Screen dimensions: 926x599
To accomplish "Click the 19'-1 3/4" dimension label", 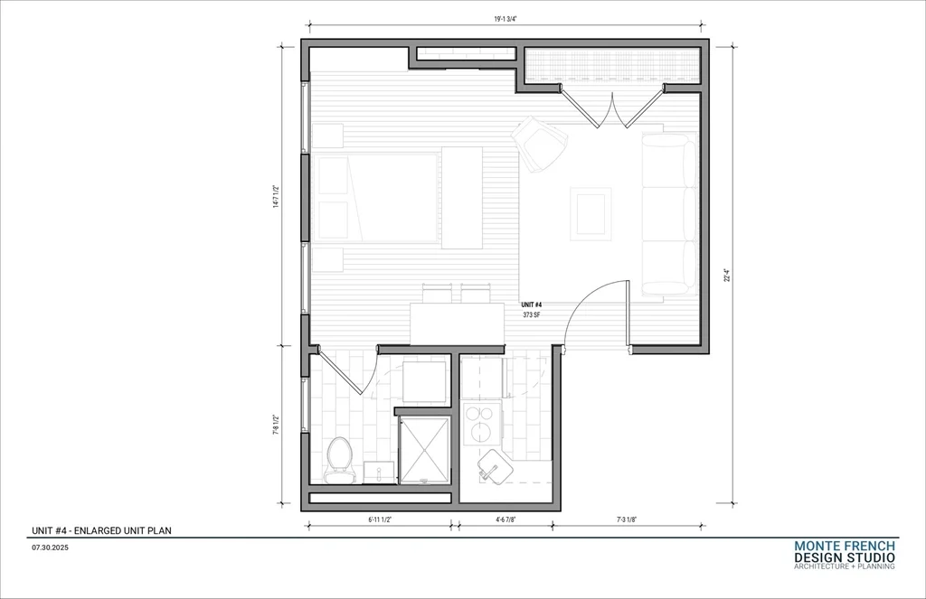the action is [506, 19].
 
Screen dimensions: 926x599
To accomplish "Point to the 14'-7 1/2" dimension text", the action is [276, 197].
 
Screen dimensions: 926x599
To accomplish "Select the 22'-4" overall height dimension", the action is [727, 276].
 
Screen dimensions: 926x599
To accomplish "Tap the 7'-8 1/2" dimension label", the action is [276, 425].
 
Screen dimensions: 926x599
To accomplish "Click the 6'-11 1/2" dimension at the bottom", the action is [381, 519].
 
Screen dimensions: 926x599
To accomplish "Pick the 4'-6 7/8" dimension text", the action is [505, 519].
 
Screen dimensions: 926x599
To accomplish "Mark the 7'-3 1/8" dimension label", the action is [627, 519].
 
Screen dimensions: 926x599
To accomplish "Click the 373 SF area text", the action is [532, 315].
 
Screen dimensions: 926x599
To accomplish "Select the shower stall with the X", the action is [424, 451].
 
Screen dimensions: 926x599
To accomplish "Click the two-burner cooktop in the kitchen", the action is [483, 423].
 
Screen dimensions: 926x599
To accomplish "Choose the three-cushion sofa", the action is [670, 213].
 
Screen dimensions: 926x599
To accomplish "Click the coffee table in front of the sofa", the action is [591, 213].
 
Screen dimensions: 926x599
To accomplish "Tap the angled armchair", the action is [539, 144].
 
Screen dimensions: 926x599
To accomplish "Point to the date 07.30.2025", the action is [51, 548].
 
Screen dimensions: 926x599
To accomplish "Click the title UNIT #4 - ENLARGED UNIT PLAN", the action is [101, 530].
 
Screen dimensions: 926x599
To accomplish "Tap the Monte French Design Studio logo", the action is [845, 555].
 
